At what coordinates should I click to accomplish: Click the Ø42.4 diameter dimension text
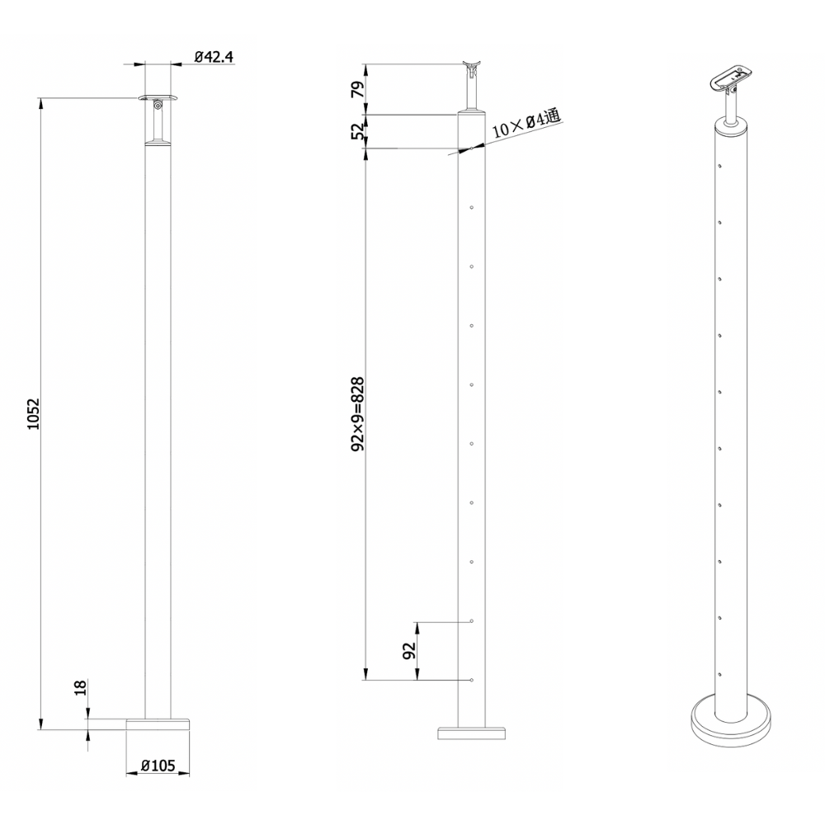tap(214, 57)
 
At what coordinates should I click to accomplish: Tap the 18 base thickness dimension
tap(80, 688)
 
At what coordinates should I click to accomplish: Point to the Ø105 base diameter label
tap(158, 766)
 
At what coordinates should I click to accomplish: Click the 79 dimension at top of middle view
tap(357, 89)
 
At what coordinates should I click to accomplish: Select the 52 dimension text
tap(357, 131)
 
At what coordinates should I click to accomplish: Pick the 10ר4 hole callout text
tap(526, 125)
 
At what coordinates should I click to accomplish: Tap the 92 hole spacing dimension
tap(409, 651)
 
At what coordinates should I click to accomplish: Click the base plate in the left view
tap(158, 724)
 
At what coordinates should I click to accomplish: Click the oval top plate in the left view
tap(158, 98)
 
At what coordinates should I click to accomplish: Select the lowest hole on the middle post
tap(470, 680)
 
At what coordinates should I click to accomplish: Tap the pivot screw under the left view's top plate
tap(158, 106)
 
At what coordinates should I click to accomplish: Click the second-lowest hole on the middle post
tap(470, 620)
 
